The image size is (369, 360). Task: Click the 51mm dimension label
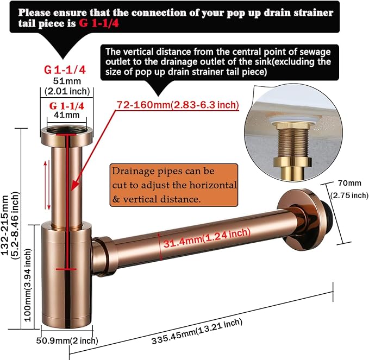click(x=67, y=81)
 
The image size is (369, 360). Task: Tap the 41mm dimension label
click(x=67, y=115)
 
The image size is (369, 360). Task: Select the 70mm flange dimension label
click(x=349, y=183)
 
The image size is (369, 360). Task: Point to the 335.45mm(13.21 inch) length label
click(x=197, y=331)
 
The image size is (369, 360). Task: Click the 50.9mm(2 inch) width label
click(x=67, y=340)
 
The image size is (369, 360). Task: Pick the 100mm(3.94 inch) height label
click(x=28, y=285)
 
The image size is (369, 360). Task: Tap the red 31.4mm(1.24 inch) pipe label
click(x=207, y=238)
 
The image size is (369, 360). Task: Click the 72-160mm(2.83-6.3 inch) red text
click(x=178, y=105)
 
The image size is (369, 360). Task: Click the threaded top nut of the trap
click(x=67, y=136)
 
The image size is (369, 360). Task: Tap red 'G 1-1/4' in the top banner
click(x=99, y=23)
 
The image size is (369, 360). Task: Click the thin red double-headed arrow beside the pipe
click(x=47, y=185)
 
